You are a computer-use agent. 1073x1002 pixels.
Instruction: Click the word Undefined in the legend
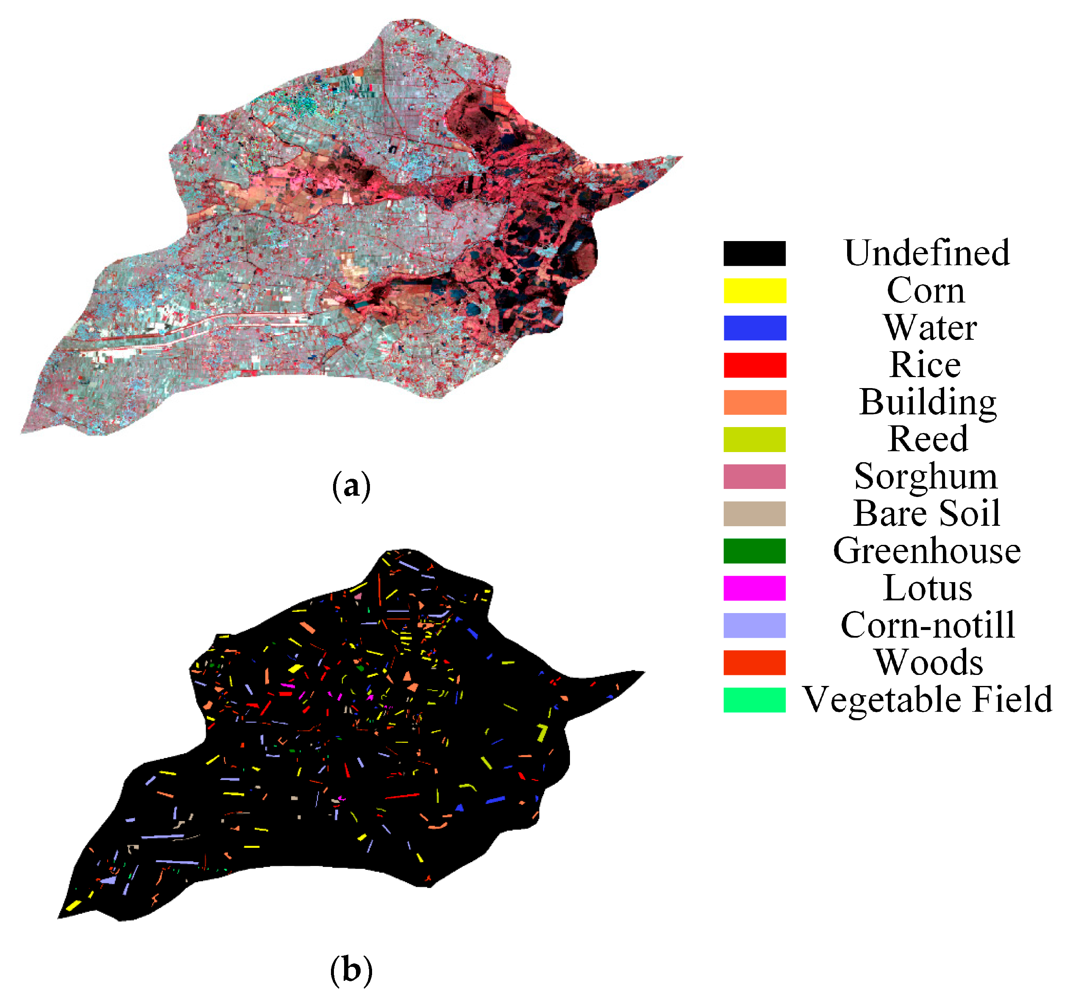[x=926, y=253]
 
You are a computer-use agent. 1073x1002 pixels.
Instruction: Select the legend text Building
[x=927, y=402]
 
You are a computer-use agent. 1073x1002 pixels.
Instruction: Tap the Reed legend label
[x=927, y=439]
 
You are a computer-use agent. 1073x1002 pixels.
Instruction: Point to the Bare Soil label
[x=926, y=513]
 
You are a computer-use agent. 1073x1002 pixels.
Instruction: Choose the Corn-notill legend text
[x=927, y=625]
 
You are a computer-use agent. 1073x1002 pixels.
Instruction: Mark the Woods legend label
[x=928, y=662]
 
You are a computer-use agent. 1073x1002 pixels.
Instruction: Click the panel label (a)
[x=351, y=486]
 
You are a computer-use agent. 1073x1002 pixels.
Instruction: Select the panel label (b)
[x=351, y=970]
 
